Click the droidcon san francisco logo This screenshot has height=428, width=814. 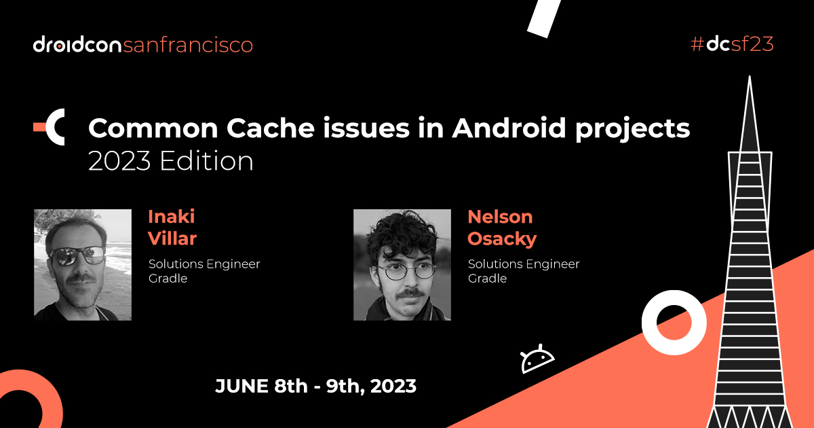pos(142,45)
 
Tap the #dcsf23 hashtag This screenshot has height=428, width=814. pos(731,44)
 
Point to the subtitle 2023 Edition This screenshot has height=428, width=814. pos(171,161)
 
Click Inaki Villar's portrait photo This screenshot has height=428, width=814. pos(83,264)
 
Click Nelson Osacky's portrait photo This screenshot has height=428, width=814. pos(402,264)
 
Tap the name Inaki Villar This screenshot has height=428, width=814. pos(172,228)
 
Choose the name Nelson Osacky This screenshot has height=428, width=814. pos(501,228)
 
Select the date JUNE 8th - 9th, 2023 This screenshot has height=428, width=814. pos(315,387)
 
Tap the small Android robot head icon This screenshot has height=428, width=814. pos(537,359)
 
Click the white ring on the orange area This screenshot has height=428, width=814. pos(670,319)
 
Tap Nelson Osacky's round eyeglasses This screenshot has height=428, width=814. pos(406,272)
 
